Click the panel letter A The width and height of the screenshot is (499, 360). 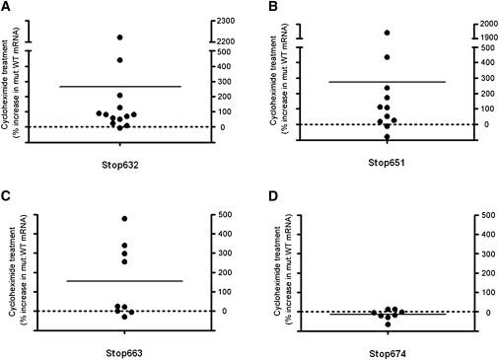[6, 7]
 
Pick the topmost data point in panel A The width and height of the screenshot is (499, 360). [120, 36]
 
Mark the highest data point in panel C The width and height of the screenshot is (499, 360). [124, 218]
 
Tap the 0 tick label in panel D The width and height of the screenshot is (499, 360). [478, 312]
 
